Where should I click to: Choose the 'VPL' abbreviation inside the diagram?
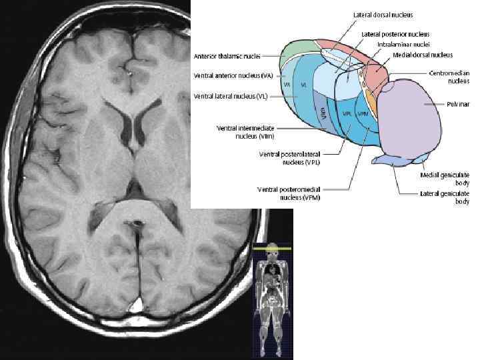(347, 113)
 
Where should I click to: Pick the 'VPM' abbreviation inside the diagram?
(363, 113)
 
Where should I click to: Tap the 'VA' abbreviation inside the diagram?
(287, 85)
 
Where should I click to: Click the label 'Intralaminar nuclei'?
(399, 44)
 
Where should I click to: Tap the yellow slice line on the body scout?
(272, 248)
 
